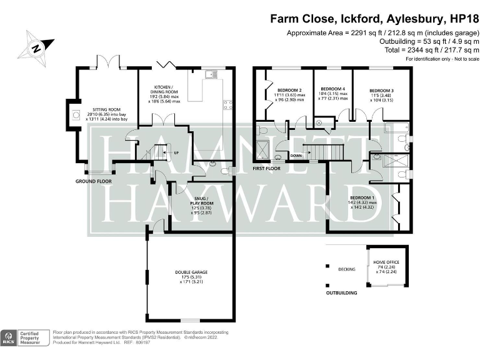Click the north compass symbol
(x=36, y=46)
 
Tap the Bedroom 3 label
(x=381, y=90)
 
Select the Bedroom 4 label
(x=332, y=89)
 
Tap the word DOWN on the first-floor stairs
(x=296, y=156)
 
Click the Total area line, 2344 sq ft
(x=432, y=49)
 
